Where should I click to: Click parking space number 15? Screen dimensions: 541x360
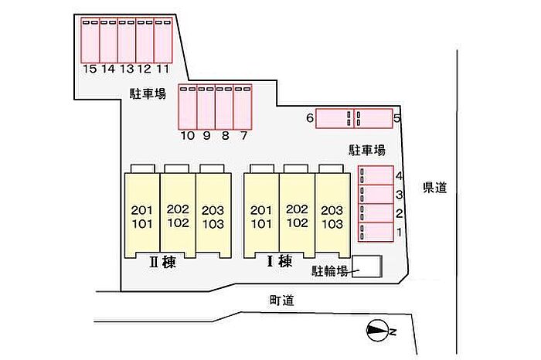coord(90,41)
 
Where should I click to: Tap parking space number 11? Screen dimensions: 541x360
coord(163,41)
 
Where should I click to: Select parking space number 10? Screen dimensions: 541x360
coord(188,107)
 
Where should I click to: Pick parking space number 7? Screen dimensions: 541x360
coord(243,107)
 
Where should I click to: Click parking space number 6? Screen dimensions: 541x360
coord(335,118)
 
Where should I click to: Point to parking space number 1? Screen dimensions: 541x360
coord(376,232)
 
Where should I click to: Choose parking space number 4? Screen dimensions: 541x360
coord(376,175)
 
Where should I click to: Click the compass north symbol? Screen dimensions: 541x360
coord(379,331)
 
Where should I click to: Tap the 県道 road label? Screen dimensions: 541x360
coord(435,187)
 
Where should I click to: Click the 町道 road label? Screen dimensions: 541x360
coord(282,301)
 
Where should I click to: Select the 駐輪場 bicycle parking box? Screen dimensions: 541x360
coord(367,267)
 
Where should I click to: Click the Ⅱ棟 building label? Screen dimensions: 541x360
coord(163,262)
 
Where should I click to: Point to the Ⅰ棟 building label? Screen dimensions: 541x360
coord(280,261)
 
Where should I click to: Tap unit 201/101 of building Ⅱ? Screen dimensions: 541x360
coord(142,216)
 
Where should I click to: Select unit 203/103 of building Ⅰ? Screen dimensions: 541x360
coord(332,216)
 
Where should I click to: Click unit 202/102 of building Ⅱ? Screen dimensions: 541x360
coord(178,216)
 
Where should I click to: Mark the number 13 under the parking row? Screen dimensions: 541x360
coord(127,69)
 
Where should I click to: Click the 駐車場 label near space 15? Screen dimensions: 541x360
coord(148,93)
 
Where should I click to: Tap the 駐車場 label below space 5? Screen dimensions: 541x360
coord(367,150)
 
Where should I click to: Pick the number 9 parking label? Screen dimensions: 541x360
coord(206,135)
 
